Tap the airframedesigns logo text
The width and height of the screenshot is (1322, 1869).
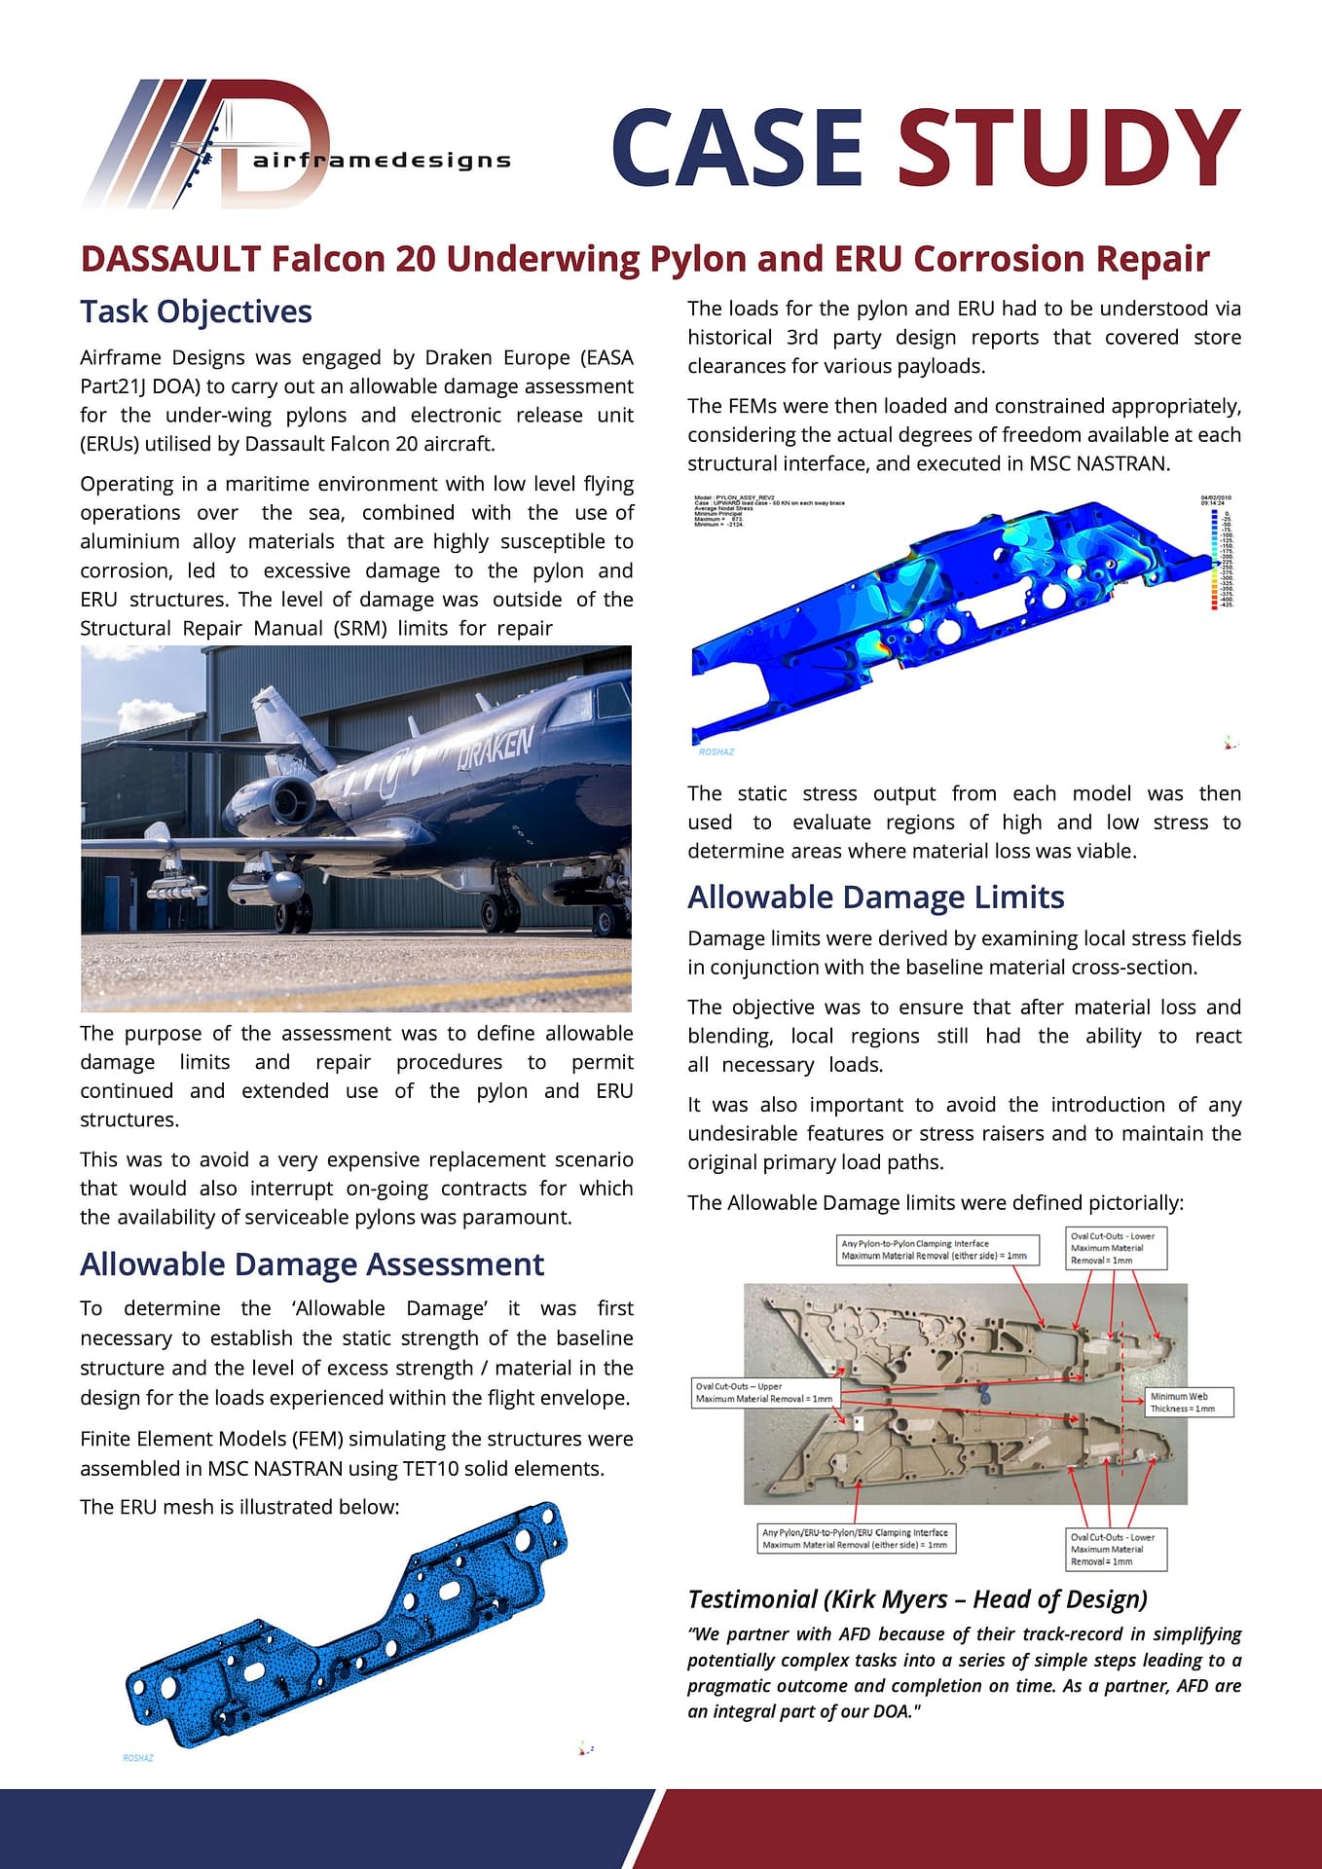[x=382, y=161]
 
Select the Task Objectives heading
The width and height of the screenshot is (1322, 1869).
[x=196, y=311]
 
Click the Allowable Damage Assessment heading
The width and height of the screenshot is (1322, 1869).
[x=312, y=1264]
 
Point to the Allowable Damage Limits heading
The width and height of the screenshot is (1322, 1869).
[x=875, y=897]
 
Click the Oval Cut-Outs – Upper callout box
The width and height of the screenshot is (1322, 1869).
[x=764, y=1392]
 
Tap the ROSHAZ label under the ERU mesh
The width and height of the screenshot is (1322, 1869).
[x=137, y=1758]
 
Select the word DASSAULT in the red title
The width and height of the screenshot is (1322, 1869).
[x=170, y=259]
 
